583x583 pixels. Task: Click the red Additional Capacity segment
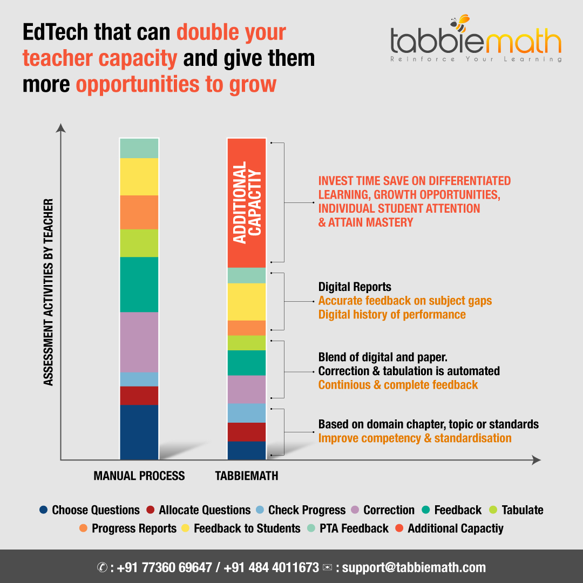pyautogui.click(x=247, y=202)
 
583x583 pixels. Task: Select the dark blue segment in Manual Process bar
pyautogui.click(x=139, y=432)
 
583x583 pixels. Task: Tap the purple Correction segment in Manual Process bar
pyautogui.click(x=139, y=342)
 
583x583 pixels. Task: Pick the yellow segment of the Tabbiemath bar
pyautogui.click(x=247, y=302)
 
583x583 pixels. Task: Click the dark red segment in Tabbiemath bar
pyautogui.click(x=247, y=432)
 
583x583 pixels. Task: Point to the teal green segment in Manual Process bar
pyautogui.click(x=139, y=284)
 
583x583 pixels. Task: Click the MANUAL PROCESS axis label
pyautogui.click(x=139, y=476)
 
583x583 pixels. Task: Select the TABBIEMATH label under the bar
pyautogui.click(x=247, y=476)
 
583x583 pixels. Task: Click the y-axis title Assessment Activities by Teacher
pyautogui.click(x=49, y=292)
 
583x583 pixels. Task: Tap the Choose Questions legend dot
pyautogui.click(x=44, y=510)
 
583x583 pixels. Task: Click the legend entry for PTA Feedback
pyautogui.click(x=353, y=528)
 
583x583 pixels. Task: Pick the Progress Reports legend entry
pyautogui.click(x=134, y=528)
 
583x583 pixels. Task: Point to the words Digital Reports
pyautogui.click(x=355, y=287)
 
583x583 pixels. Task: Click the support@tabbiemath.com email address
pyautogui.click(x=414, y=567)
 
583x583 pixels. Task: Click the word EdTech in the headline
pyautogui.click(x=56, y=33)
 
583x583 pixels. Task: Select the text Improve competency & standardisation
pyautogui.click(x=415, y=438)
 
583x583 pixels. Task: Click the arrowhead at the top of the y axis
pyautogui.click(x=61, y=128)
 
